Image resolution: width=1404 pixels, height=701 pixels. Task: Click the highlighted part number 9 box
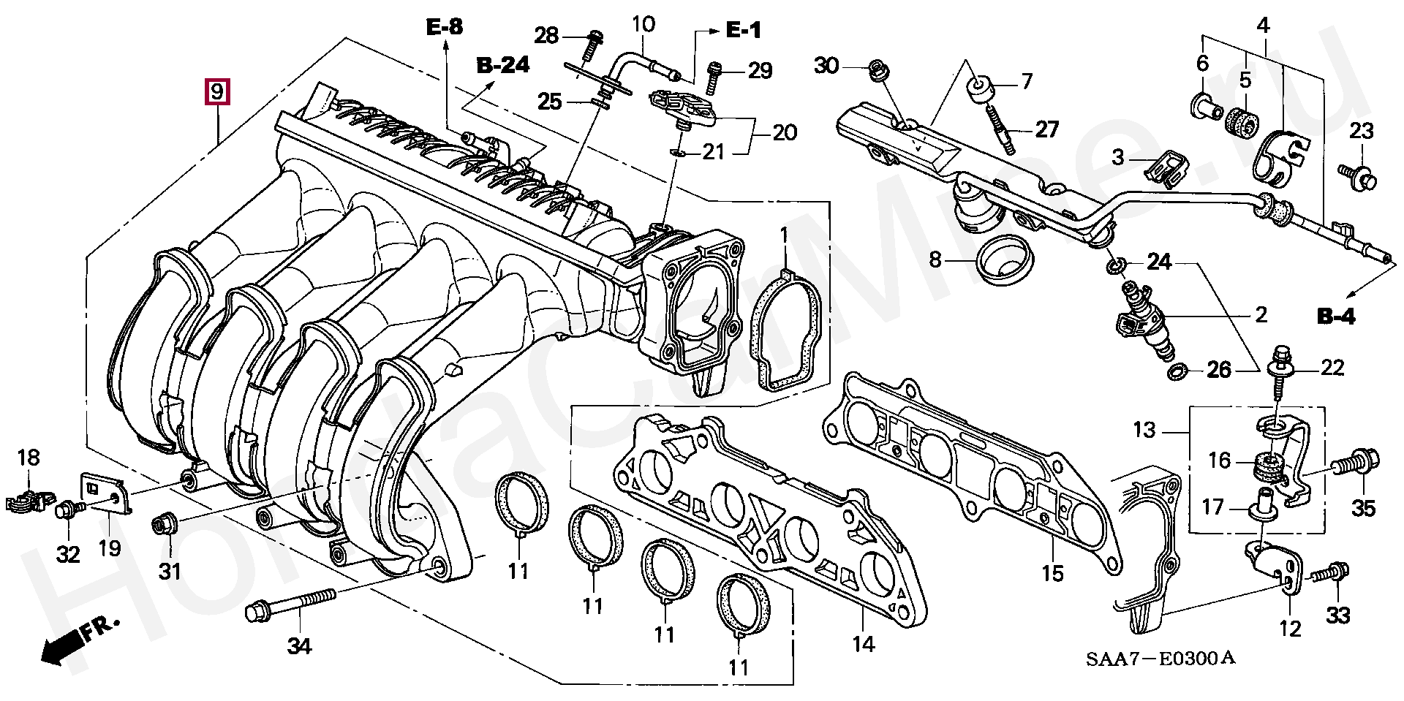pos(217,92)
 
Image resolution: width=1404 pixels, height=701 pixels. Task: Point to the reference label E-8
pos(445,28)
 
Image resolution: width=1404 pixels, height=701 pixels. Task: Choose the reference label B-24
pos(503,64)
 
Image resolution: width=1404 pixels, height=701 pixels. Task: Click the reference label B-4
pos(1336,317)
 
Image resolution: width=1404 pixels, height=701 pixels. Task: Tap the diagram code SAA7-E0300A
pos(1160,659)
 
